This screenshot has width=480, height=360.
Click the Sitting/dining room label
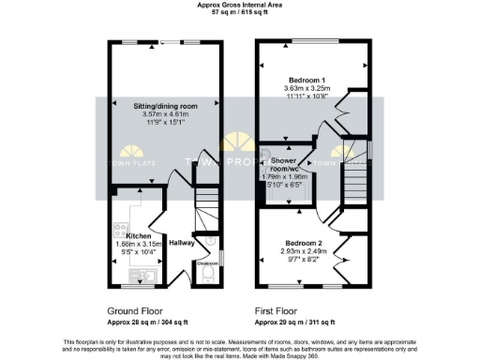[166, 107]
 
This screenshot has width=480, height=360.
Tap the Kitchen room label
[139, 235]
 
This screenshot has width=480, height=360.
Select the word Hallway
[182, 242]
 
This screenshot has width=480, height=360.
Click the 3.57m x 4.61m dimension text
[166, 114]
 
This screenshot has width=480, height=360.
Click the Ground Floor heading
[139, 307]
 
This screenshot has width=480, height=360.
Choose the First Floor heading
[279, 307]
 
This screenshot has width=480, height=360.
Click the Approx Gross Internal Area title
[239, 5]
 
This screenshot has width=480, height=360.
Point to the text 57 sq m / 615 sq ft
[239, 13]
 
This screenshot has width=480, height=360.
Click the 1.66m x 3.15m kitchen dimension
[139, 243]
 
